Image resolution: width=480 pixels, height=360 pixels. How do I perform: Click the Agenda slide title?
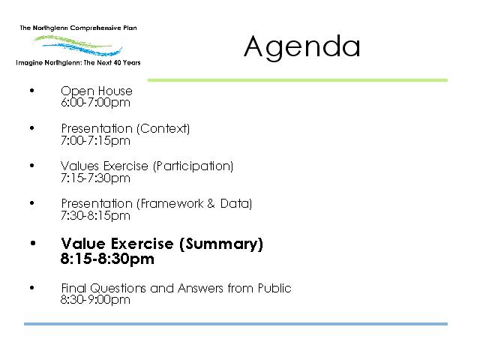(x=301, y=46)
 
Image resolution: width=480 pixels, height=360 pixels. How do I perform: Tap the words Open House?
(x=97, y=91)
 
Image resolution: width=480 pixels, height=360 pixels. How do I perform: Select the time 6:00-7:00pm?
(x=95, y=102)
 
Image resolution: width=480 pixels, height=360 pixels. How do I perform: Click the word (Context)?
(x=163, y=128)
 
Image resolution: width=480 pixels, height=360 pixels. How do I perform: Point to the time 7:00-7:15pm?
(x=95, y=141)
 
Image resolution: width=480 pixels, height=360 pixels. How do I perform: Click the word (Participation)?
(x=193, y=166)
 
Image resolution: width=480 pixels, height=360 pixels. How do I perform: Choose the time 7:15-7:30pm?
(x=95, y=178)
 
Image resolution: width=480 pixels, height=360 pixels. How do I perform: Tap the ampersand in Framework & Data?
(x=211, y=203)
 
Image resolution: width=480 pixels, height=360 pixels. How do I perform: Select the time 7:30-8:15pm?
(x=95, y=216)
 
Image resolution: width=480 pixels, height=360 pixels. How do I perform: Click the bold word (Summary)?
(x=221, y=244)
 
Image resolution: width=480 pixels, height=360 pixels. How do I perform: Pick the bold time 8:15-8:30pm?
(x=107, y=259)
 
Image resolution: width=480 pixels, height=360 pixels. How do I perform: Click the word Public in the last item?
(x=274, y=288)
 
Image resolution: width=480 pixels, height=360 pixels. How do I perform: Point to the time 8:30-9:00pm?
(x=95, y=300)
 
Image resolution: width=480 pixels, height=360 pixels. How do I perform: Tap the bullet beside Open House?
(x=32, y=90)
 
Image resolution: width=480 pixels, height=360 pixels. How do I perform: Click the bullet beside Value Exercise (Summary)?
(x=33, y=243)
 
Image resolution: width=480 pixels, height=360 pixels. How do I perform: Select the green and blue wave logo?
(x=78, y=45)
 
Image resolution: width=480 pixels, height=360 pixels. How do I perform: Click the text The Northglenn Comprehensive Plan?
(x=78, y=28)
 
